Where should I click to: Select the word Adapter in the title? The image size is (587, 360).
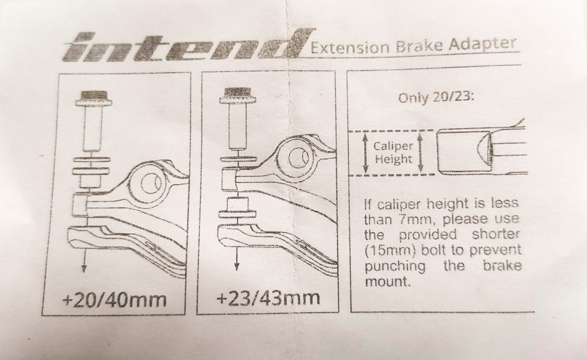coord(483,44)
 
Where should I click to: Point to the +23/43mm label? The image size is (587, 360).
coord(269,298)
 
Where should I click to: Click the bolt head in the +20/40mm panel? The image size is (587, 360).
coord(92,98)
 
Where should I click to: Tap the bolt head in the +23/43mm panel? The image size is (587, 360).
coord(237,95)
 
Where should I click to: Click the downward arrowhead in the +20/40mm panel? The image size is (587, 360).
coord(84,267)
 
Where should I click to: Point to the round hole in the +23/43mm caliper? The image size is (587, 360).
coord(300,156)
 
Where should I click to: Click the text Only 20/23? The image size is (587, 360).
coord(436,97)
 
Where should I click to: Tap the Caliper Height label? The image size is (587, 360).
coord(393,153)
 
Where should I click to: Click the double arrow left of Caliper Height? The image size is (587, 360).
coord(365,153)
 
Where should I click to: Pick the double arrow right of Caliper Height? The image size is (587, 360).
coord(420,153)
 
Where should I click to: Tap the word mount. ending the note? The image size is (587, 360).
coord(388,282)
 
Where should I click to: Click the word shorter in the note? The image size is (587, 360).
coord(496,234)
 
